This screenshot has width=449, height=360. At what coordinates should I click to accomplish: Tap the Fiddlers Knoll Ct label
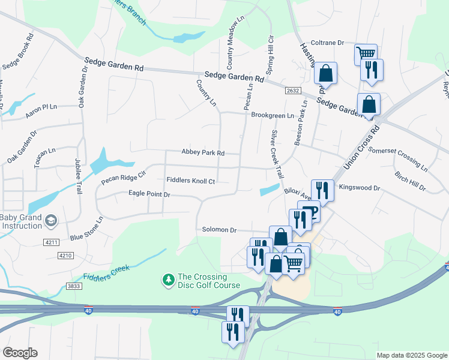190,180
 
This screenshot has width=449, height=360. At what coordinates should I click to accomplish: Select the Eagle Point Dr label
149,194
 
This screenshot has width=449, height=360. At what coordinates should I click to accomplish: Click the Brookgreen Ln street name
273,115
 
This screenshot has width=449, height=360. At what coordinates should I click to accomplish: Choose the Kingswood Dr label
360,188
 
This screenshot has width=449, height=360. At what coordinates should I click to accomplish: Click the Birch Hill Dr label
410,181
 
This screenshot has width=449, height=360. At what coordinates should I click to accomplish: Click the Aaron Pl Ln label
40,107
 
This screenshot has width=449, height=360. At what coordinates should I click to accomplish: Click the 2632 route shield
292,90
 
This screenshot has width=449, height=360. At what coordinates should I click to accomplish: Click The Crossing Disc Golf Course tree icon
168,280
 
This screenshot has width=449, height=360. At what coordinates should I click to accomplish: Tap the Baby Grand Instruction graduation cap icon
50,221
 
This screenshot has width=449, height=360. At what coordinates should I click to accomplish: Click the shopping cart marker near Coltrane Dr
366,55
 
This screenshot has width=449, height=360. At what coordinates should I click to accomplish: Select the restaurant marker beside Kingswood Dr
323,190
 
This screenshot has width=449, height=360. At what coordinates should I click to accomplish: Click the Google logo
20,353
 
